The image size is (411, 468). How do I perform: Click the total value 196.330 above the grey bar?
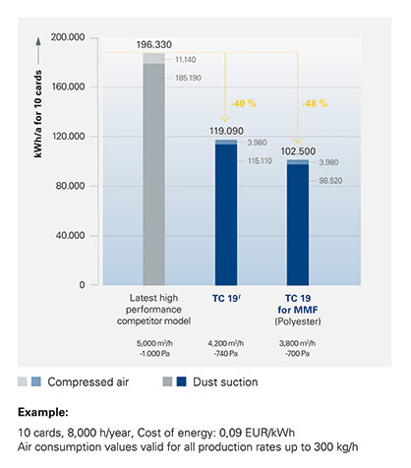tap(154, 45)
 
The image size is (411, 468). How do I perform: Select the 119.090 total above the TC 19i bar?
tap(226, 131)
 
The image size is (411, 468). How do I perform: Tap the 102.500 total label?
tap(298, 151)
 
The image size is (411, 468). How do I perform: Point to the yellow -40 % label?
tap(243, 104)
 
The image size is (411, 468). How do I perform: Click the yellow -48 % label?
tap(315, 104)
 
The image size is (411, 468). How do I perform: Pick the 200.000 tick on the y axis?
tap(68, 37)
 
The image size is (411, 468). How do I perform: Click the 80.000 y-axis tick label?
tap(70, 186)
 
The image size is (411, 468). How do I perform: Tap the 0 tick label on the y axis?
tap(82, 285)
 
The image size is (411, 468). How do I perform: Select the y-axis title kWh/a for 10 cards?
tap(38, 114)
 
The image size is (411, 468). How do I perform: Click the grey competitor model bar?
tap(154, 169)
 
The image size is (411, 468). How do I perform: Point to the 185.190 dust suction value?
tap(188, 78)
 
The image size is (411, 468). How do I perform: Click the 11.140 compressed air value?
tap(186, 60)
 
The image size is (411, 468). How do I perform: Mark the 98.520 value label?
tap(330, 181)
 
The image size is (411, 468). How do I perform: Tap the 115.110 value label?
tap(260, 161)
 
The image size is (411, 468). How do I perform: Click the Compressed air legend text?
tap(88, 382)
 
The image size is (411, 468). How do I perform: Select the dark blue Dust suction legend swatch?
tap(182, 381)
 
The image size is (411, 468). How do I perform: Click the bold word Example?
tap(43, 412)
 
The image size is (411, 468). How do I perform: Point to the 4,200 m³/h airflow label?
tap(225, 343)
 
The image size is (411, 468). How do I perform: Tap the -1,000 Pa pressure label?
tap(154, 354)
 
